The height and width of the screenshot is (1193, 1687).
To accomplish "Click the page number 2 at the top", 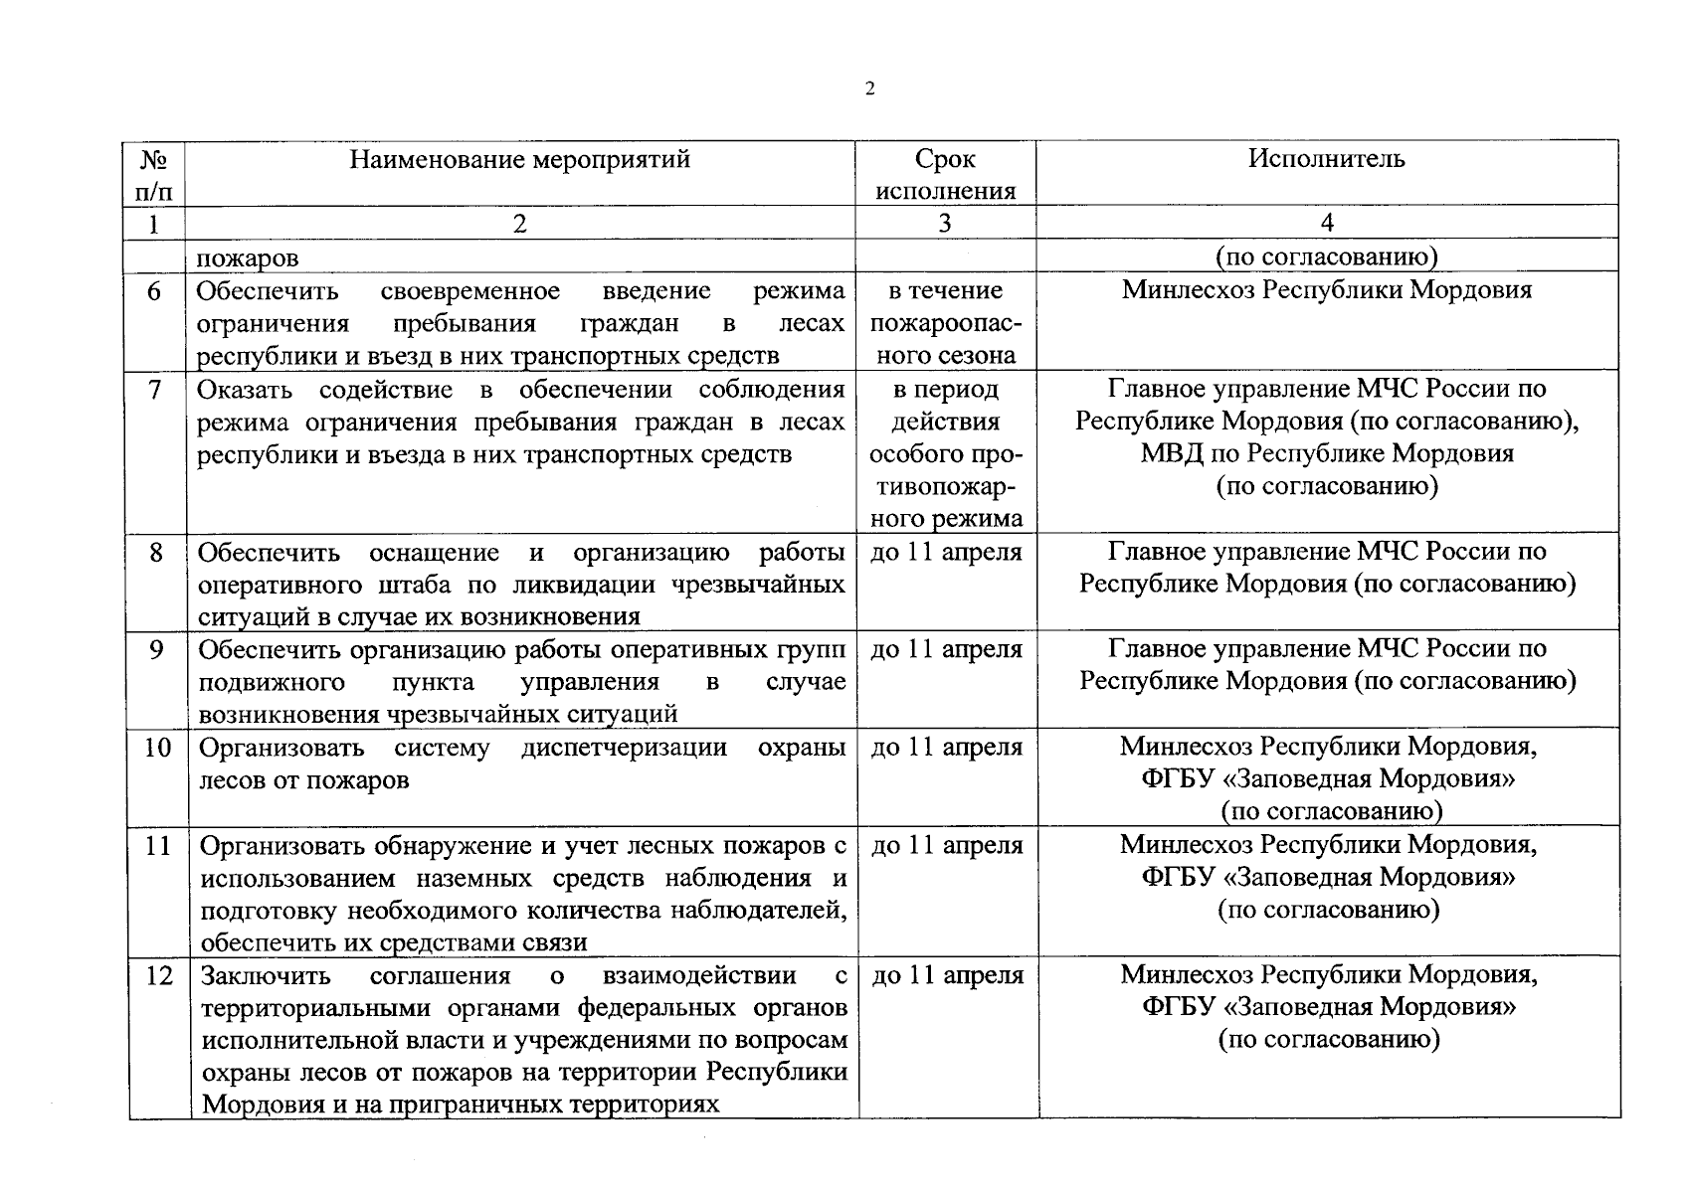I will (870, 89).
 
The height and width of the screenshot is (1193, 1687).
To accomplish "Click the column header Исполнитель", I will (1327, 159).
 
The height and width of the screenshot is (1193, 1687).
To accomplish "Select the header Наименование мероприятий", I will (519, 159).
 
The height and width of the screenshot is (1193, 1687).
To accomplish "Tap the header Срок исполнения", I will (945, 175).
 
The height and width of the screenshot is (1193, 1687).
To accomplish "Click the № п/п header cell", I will (153, 174).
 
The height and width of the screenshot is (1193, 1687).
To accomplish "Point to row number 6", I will (154, 291).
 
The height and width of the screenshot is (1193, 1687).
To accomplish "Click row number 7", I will (154, 390).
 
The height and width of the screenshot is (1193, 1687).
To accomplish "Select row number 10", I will (157, 748).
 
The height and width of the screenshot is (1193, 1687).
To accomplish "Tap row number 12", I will (158, 976).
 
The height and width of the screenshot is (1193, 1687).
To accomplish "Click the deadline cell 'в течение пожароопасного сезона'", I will (945, 323).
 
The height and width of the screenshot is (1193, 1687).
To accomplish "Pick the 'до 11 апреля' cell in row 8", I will (946, 552).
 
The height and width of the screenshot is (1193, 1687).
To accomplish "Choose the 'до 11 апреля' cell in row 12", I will (948, 976).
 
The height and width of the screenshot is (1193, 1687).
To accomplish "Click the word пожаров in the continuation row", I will (248, 258).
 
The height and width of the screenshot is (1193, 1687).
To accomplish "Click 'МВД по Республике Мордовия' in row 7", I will (1327, 454).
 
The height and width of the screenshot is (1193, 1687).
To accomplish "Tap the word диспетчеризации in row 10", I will (624, 748).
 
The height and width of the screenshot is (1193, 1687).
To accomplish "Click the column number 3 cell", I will (945, 224).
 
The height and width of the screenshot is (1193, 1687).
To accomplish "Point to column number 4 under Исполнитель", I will (1327, 224).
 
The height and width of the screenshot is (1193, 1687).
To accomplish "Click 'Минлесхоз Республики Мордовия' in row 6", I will (1327, 291).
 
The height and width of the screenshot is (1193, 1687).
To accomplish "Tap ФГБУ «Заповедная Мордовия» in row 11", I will (1329, 878).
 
